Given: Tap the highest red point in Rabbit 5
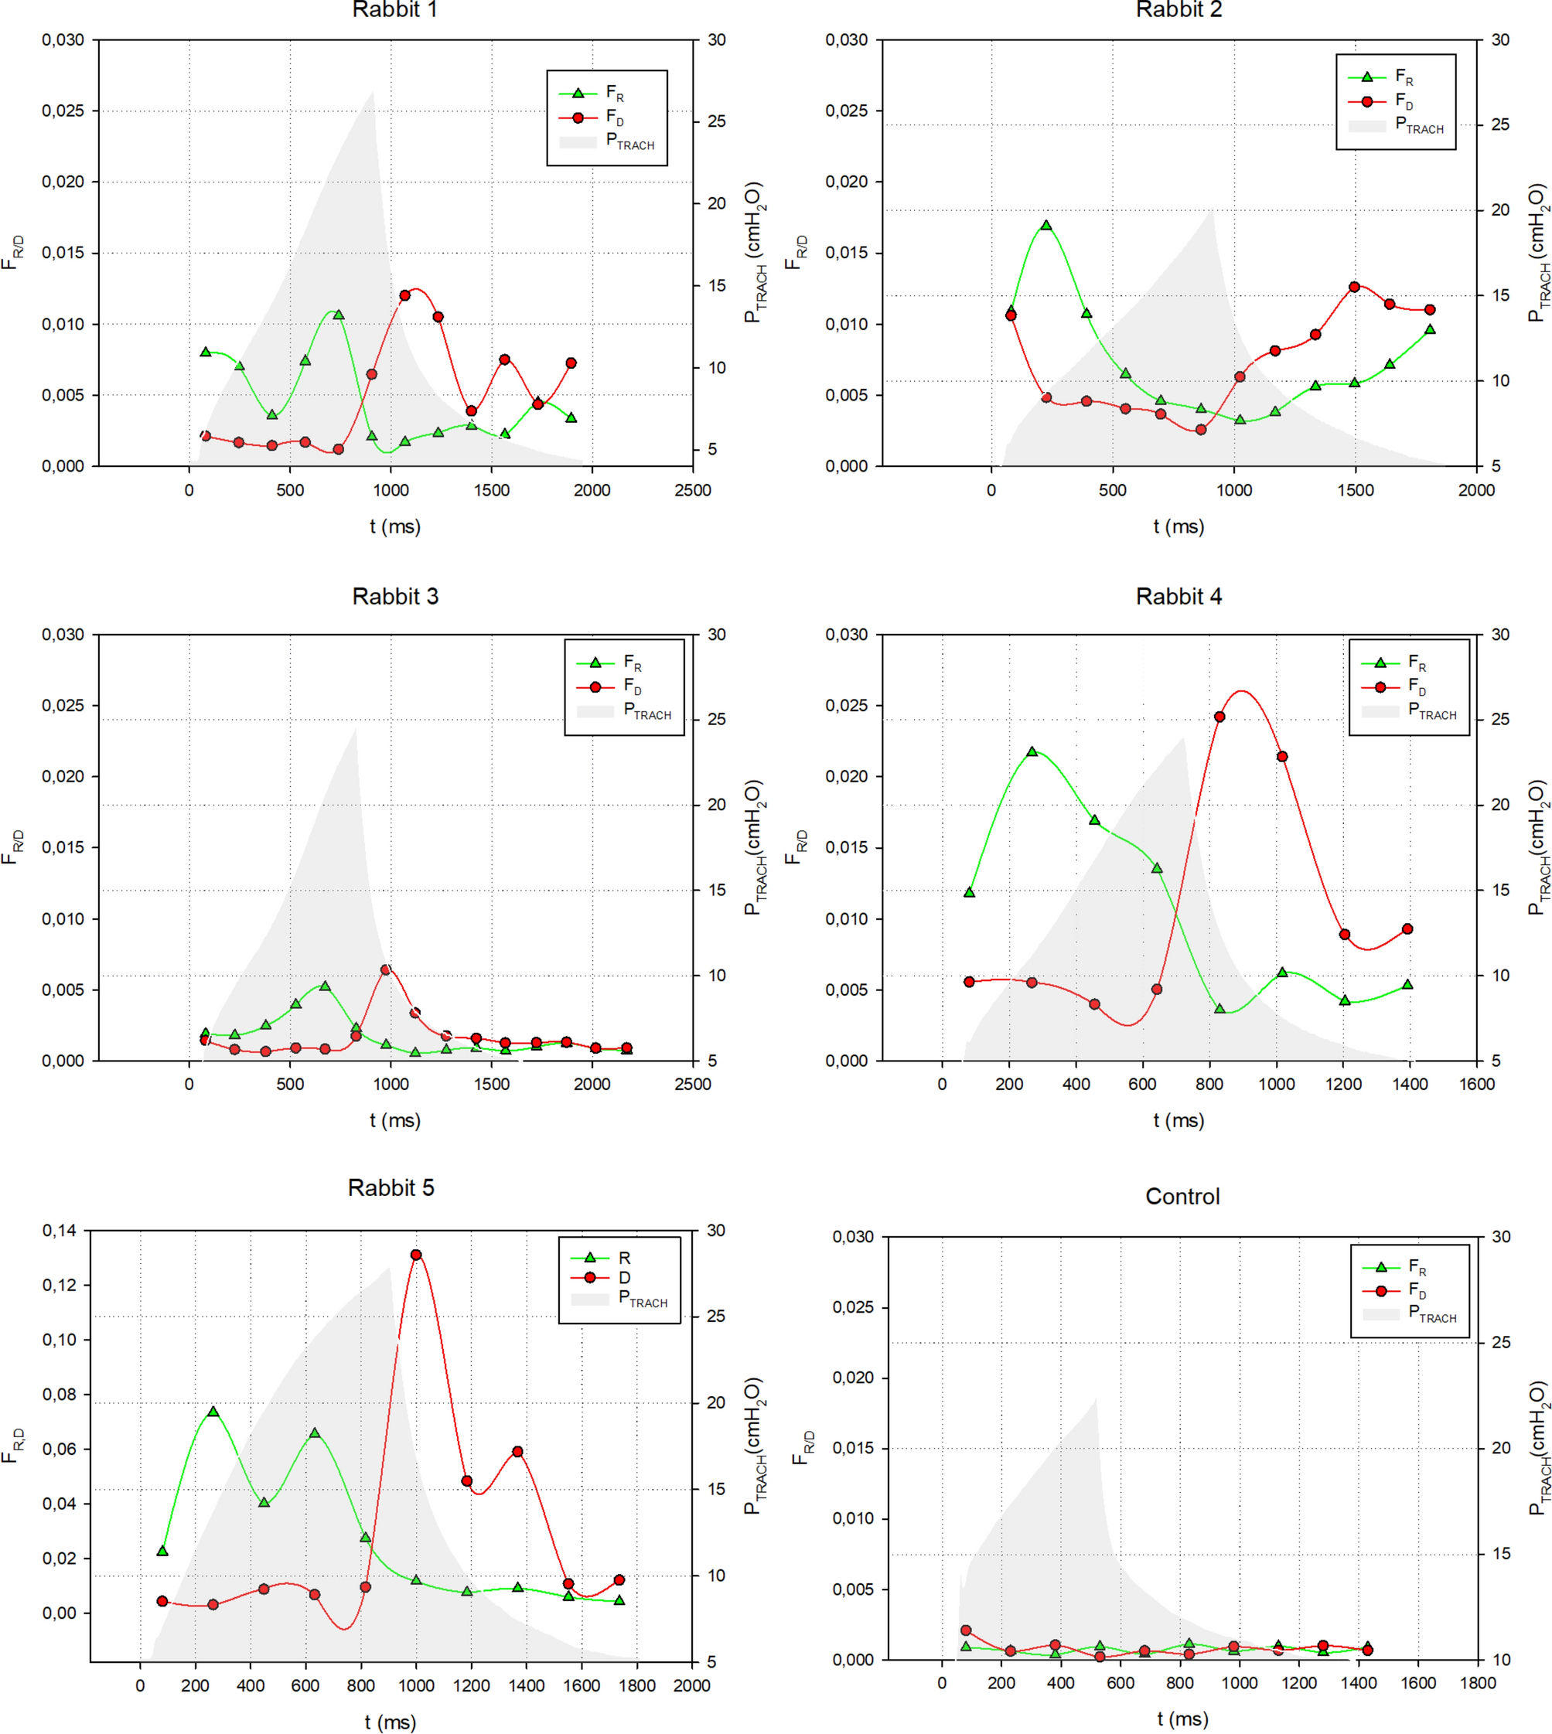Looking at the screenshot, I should pos(416,1255).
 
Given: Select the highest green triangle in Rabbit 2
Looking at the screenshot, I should pos(1046,226).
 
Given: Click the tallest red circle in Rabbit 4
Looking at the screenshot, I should pos(1219,717).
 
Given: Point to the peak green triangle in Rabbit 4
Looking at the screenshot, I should pos(1032,752).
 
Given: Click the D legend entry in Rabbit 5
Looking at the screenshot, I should pos(624,1278).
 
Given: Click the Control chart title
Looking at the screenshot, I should pos(1182,1197).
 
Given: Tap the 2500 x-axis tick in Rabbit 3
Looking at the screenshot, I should pos(692,1085).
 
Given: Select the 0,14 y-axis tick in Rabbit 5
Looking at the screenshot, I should pos(59,1231).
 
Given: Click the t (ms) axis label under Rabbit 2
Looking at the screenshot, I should pos(1178,527).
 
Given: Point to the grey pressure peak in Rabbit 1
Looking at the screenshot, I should pos(373,93).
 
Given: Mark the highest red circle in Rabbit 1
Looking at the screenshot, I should pos(405,296).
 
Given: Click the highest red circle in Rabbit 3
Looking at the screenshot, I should pos(385,970).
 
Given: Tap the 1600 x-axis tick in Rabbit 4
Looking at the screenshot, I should pos(1477,1085).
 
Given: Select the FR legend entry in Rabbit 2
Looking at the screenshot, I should pos(1404,77).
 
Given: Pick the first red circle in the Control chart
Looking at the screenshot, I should pos(965,1630).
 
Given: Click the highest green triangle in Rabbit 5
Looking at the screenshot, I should pos(213,1412).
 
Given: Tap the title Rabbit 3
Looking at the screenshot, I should pos(395,597).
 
